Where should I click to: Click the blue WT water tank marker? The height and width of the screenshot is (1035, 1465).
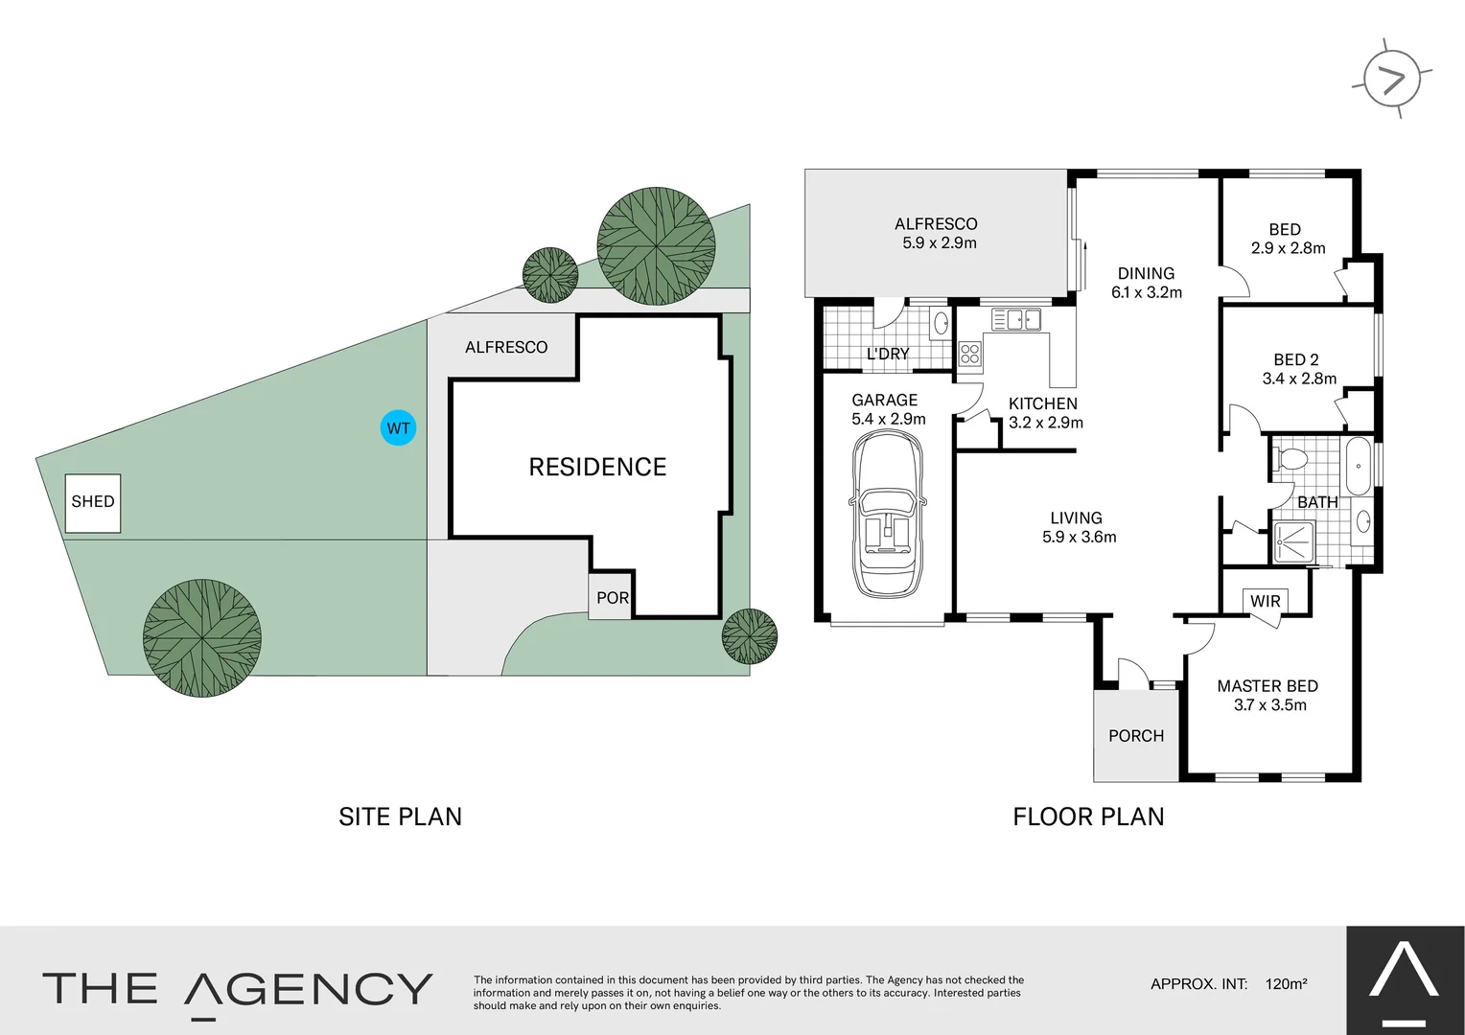[398, 427]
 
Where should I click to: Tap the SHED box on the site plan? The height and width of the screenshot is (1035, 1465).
[93, 502]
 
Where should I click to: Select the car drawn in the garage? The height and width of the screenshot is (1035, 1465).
[888, 515]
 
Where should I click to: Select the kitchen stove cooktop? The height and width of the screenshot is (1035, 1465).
[969, 354]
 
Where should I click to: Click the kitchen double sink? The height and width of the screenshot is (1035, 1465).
[1016, 319]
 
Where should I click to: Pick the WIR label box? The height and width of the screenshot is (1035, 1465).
[1265, 601]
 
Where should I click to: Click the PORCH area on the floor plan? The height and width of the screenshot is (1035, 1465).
[1136, 736]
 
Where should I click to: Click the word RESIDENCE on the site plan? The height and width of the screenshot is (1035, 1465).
[597, 467]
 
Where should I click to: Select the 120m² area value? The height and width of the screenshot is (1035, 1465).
[1286, 983]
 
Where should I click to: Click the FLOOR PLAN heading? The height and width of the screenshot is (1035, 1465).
[1088, 816]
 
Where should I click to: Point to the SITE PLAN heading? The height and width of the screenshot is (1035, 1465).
[400, 816]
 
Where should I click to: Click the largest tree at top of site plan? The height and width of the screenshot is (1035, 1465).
[656, 246]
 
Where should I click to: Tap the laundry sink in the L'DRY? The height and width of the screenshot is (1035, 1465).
[941, 322]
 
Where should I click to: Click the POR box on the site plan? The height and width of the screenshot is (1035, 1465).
[611, 598]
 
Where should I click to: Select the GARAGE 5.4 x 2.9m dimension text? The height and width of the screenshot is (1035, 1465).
[888, 419]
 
